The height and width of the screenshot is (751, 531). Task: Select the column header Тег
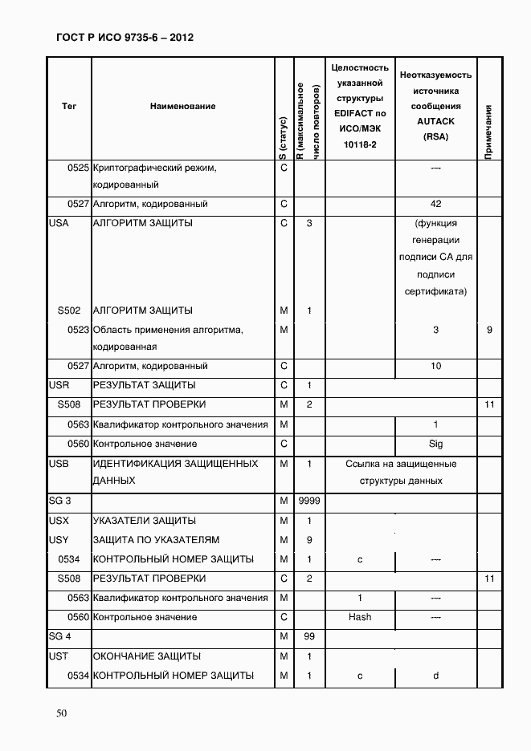(x=69, y=106)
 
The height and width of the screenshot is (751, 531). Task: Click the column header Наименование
(x=182, y=106)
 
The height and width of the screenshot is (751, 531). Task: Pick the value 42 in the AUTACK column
(x=436, y=204)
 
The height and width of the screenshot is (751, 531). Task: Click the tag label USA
(x=59, y=223)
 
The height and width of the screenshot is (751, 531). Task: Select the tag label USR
(x=59, y=386)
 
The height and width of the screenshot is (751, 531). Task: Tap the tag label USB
(x=59, y=464)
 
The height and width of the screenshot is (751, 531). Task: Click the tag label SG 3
(x=60, y=501)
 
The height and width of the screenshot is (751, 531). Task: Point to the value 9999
(x=309, y=501)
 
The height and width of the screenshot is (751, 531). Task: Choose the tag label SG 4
(x=60, y=637)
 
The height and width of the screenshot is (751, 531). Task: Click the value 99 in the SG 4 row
(x=309, y=637)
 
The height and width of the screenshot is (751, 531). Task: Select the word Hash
(x=360, y=617)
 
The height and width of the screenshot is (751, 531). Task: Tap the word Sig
(x=436, y=444)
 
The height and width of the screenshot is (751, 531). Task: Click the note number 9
(x=489, y=330)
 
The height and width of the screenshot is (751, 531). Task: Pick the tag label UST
(x=59, y=656)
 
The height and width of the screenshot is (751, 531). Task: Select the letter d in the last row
(x=436, y=676)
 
